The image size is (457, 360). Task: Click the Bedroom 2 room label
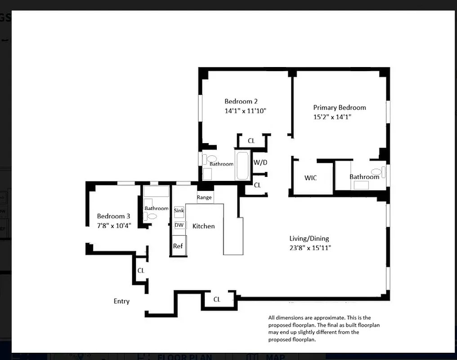[241, 102]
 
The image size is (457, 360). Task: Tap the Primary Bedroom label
[340, 108]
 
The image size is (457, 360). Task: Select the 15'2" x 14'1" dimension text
[332, 117]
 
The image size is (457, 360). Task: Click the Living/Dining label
[309, 238]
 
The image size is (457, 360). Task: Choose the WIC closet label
[310, 178]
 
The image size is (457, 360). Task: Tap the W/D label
[260, 162]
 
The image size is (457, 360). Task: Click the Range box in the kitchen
[204, 198]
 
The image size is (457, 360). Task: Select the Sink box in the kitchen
[179, 211]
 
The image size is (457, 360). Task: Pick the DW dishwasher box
[179, 225]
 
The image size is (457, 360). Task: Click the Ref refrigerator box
[178, 246]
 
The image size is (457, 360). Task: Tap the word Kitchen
[204, 226]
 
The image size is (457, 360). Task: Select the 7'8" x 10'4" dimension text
[114, 225]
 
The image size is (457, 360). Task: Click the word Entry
[121, 301]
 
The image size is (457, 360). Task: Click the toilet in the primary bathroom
[376, 171]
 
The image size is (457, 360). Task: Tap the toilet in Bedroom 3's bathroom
[152, 216]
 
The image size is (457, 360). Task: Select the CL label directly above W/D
[251, 141]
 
